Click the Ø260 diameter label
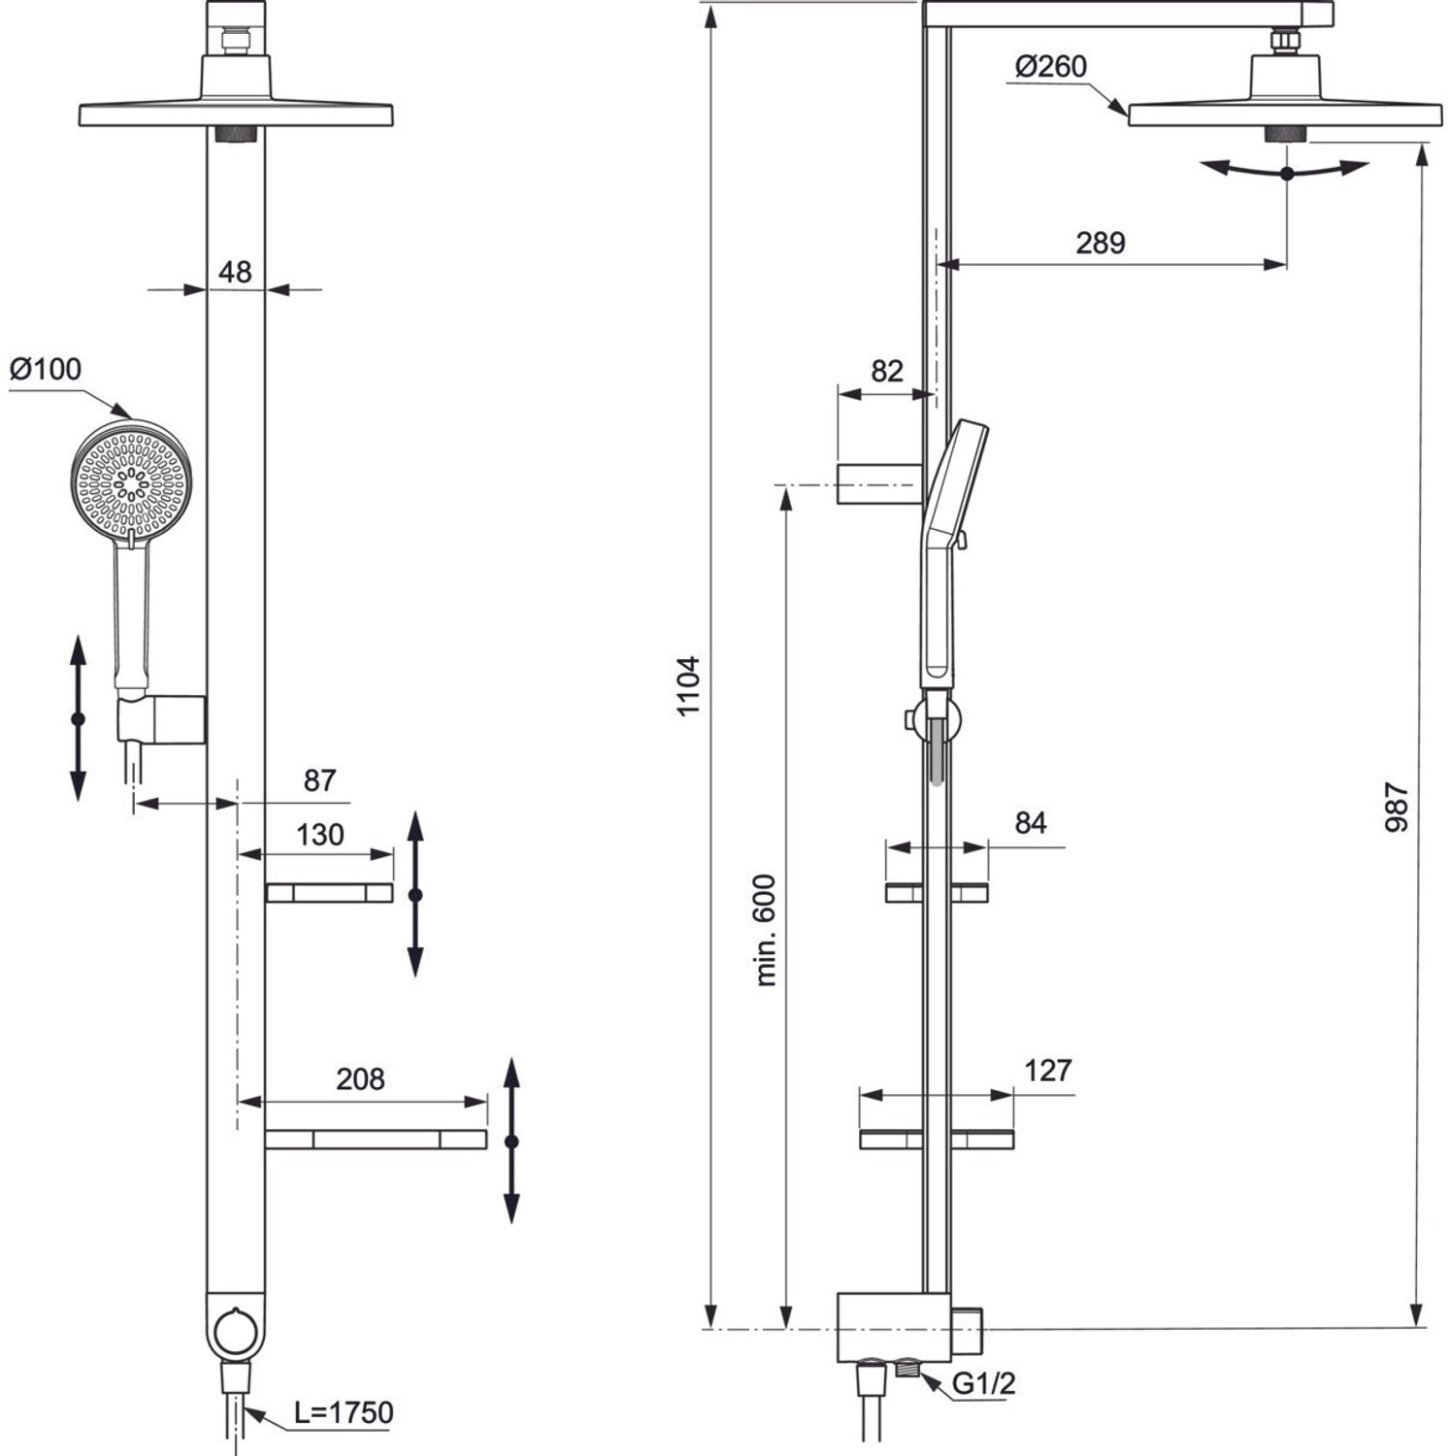tap(1050, 67)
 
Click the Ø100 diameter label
tap(46, 370)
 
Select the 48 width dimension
tap(235, 273)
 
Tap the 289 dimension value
tap(1100, 243)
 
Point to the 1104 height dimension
tap(688, 686)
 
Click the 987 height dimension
tap(1397, 807)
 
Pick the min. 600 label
tap(766, 930)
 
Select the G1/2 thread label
tap(984, 1383)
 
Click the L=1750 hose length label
tap(345, 1412)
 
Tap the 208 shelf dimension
tap(360, 1079)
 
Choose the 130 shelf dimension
tap(319, 835)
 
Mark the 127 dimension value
tap(1048, 1071)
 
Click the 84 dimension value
tap(1031, 823)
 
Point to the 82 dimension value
tap(886, 371)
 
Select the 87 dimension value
tap(319, 780)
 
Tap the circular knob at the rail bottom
tap(235, 1329)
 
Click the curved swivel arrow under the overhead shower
tap(1286, 172)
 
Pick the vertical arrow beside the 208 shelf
tap(512, 1142)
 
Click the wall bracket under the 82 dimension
tap(878, 483)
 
